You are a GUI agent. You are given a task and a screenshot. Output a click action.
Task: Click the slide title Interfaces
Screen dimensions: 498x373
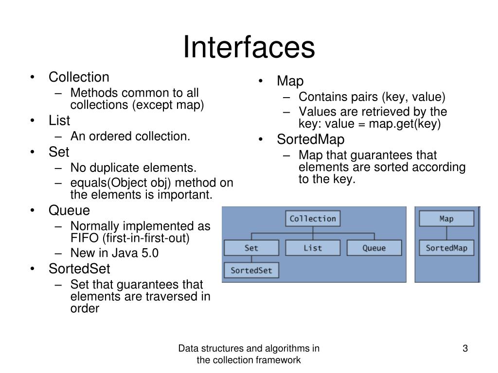[249, 47]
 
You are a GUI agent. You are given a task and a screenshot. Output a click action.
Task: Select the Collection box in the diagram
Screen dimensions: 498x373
[313, 219]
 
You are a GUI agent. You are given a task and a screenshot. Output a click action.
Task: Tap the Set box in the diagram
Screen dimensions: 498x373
[251, 248]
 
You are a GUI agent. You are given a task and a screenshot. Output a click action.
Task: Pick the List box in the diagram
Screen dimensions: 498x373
[313, 248]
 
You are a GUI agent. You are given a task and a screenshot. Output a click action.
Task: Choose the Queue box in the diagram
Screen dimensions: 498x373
[374, 248]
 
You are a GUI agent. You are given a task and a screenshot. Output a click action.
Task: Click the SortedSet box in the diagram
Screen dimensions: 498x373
[251, 270]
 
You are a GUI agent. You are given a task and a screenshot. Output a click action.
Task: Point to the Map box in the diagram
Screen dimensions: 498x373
[446, 219]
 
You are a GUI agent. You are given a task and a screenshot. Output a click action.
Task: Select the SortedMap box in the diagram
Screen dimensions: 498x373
[446, 248]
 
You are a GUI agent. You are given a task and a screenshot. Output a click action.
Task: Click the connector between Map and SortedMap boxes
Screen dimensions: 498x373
[446, 233]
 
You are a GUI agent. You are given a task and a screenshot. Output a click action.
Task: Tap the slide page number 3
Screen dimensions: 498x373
[465, 348]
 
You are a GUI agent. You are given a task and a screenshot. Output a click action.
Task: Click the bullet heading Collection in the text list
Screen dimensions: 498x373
[79, 77]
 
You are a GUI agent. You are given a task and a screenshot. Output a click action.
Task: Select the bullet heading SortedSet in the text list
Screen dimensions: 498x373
[79, 269]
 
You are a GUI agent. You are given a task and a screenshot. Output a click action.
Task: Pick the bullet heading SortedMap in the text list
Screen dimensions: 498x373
[311, 139]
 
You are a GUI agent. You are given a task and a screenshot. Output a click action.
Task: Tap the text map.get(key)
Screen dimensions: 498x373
[405, 124]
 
